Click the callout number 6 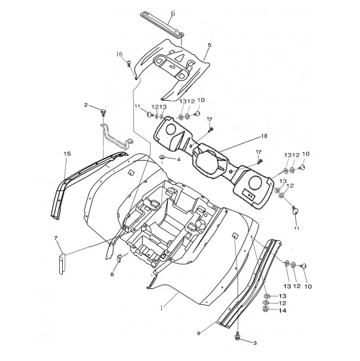tap(173, 14)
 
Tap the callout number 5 tap(209, 45)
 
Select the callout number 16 tap(119, 54)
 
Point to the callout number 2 tap(85, 105)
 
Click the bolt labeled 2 tap(103, 113)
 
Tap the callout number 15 tap(67, 154)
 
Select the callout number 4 tap(179, 159)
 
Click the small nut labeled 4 tap(162, 157)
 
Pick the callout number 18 tap(264, 136)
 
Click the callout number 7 tap(56, 238)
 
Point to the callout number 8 tap(112, 274)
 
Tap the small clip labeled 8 tap(120, 258)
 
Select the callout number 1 tap(162, 308)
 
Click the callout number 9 tap(199, 333)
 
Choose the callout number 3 tap(255, 343)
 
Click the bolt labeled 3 tap(237, 336)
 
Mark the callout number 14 tap(282, 311)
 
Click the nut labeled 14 tap(266, 309)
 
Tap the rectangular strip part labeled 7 tap(62, 264)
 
